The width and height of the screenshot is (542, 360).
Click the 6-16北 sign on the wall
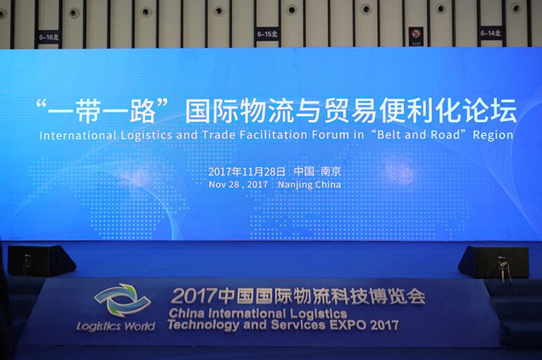(x=49, y=37)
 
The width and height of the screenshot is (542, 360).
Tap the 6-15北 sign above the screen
(x=267, y=35)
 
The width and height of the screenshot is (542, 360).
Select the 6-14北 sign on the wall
(x=491, y=33)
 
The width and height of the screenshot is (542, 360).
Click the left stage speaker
(x=41, y=260)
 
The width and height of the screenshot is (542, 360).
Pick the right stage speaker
(x=493, y=262)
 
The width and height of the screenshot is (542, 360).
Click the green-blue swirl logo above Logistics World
(x=123, y=299)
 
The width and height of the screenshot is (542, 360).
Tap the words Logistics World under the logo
(x=116, y=326)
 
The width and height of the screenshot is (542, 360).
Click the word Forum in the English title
(x=330, y=135)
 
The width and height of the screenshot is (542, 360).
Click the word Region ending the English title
(x=493, y=135)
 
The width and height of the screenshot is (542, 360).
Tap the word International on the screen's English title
(x=78, y=135)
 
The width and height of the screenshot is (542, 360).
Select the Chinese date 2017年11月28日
(x=247, y=171)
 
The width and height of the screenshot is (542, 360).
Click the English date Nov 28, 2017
(x=238, y=185)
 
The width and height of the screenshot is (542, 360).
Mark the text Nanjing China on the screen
(x=309, y=185)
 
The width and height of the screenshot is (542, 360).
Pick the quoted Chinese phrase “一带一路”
(x=102, y=111)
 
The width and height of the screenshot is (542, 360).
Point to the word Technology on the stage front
(x=203, y=325)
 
